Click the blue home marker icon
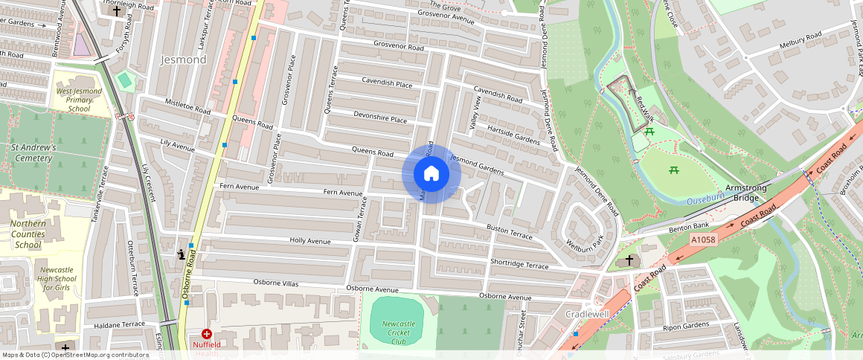coord(431,174)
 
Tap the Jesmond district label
coord(182,60)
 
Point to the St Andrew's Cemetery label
coord(33,152)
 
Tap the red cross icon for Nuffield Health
coord(207,335)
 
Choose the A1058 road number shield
coord(702,240)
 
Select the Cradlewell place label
coord(587,314)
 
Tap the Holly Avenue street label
coord(309,241)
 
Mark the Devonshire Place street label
coord(380,118)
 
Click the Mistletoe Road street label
coord(187,108)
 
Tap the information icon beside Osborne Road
coord(181,254)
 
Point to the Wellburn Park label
coord(583,242)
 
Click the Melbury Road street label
coord(800,36)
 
